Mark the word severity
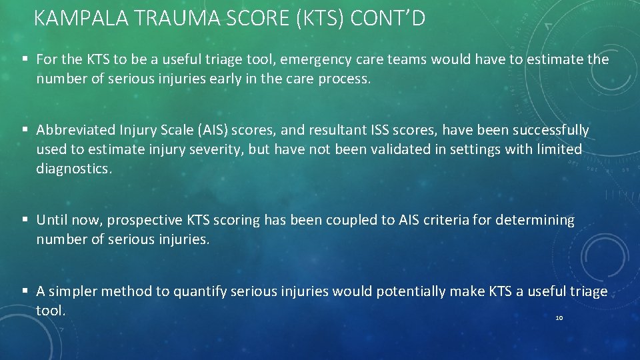click(217, 149)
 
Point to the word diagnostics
click(73, 169)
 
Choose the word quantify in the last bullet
click(205, 291)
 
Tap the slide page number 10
click(559, 318)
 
